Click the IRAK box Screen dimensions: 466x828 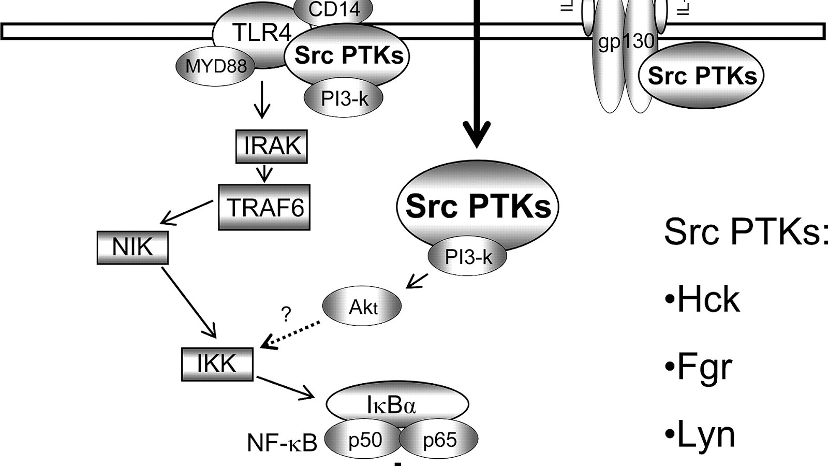pyautogui.click(x=272, y=147)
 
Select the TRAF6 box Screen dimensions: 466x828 pyautogui.click(x=264, y=207)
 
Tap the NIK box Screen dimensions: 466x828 pyautogui.click(x=132, y=247)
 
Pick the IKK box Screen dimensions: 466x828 pyautogui.click(x=217, y=364)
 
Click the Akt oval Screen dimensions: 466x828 pyautogui.click(x=362, y=307)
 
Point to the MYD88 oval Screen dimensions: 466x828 pyautogui.click(x=216, y=66)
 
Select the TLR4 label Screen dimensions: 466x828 pyautogui.click(x=262, y=33)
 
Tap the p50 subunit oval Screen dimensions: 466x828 pyautogui.click(x=364, y=440)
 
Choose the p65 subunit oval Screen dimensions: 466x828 pyautogui.click(x=439, y=440)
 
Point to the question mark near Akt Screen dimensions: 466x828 pyautogui.click(x=286, y=314)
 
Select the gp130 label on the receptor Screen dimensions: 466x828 pyautogui.click(x=626, y=41)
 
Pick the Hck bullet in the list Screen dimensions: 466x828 pyautogui.click(x=702, y=299)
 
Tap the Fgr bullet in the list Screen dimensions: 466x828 pyautogui.click(x=699, y=367)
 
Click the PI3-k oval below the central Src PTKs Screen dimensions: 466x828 pyautogui.click(x=468, y=256)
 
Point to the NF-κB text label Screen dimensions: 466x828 pyautogui.click(x=282, y=443)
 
